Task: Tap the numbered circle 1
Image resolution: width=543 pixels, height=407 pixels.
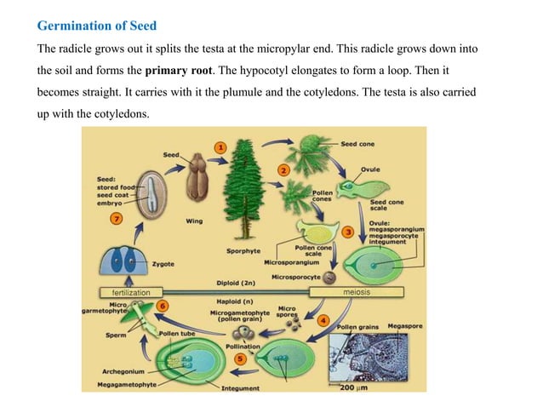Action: pos(220,146)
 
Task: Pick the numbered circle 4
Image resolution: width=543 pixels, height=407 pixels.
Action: pos(323,320)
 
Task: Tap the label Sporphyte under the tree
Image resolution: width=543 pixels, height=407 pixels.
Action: pos(243,251)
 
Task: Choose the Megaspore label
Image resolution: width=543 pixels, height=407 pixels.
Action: pos(405,326)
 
